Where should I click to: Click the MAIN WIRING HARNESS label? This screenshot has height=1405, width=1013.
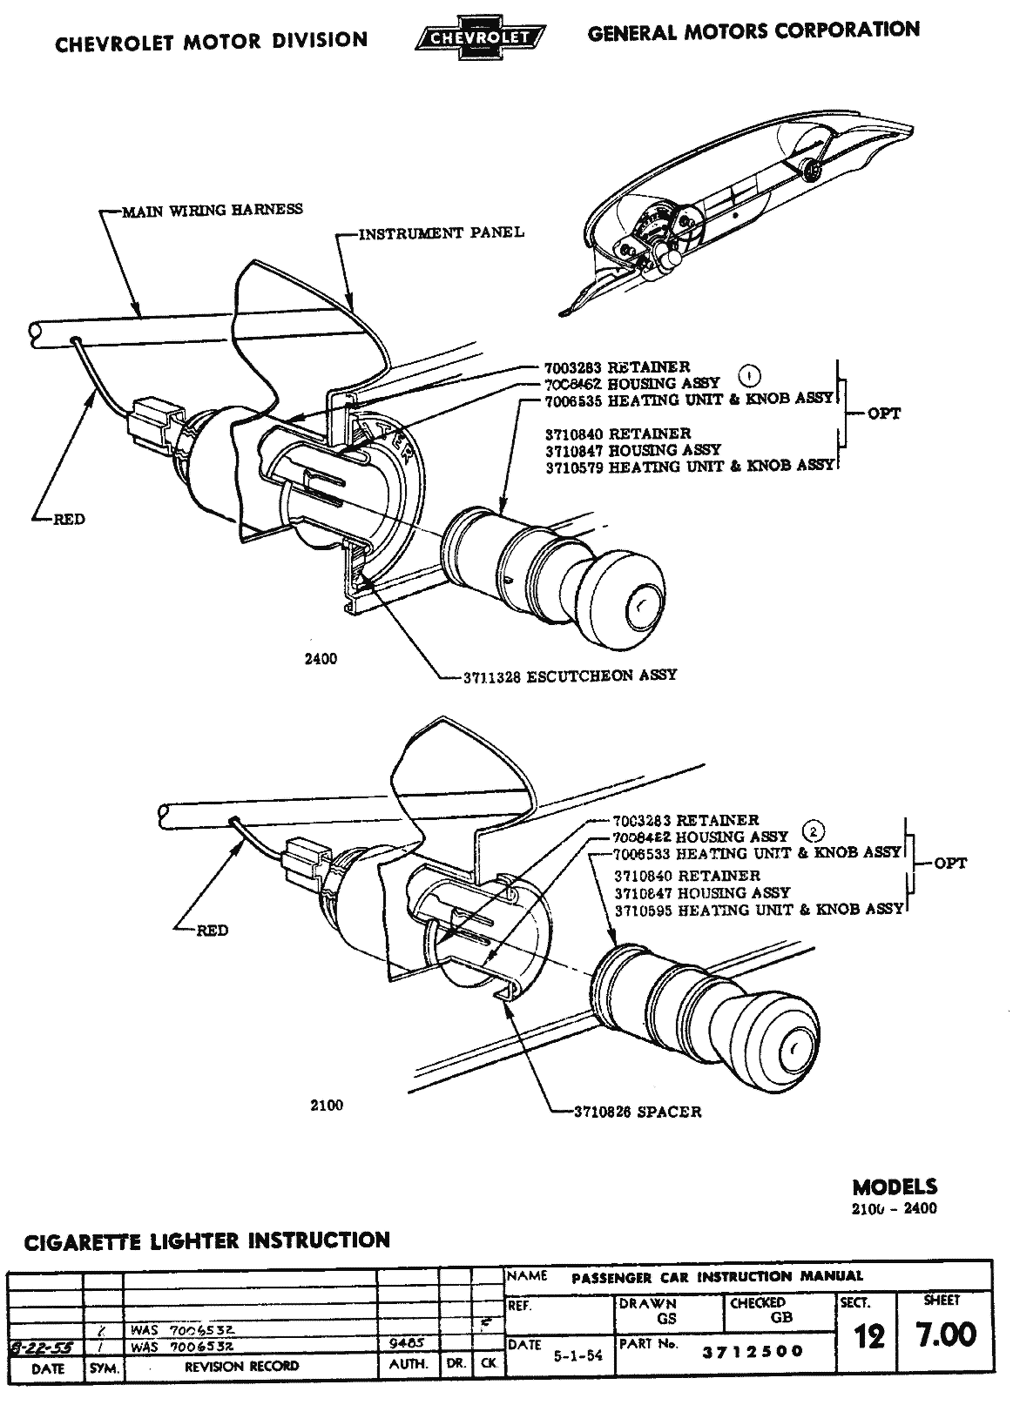[213, 209]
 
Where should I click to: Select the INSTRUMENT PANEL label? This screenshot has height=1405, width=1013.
[442, 232]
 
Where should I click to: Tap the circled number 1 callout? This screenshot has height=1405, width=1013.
[750, 375]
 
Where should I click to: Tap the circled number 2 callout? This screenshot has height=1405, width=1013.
[812, 830]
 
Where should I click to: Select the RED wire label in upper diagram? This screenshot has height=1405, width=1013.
[69, 520]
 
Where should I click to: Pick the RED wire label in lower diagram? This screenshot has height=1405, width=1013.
[213, 931]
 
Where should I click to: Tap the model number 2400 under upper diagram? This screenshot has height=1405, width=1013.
[321, 659]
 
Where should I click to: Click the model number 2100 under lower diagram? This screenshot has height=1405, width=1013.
[326, 1105]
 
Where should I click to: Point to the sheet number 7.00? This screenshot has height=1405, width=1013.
[945, 1334]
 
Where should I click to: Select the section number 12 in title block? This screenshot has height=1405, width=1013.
[868, 1335]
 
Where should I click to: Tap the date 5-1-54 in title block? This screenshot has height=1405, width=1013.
[578, 1355]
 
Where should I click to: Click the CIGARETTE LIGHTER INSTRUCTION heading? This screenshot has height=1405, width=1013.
[206, 1240]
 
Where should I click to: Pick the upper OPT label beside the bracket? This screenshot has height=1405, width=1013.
[884, 413]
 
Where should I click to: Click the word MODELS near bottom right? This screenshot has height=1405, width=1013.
[895, 1187]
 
